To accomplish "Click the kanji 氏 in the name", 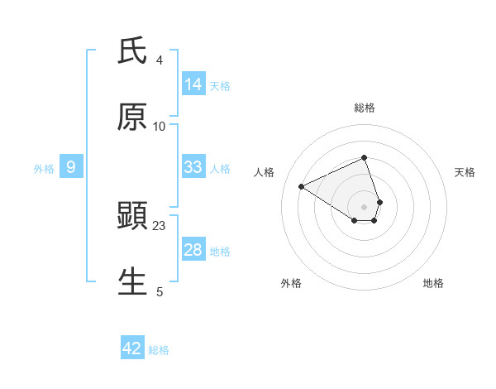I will (132, 51).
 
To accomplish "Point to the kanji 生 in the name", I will (132, 281).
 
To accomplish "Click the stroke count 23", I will (160, 226).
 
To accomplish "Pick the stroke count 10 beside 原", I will (160, 126).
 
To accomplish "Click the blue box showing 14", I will (193, 84).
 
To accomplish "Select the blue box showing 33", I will (193, 167).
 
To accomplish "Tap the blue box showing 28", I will (193, 250).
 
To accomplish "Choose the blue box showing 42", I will (132, 348).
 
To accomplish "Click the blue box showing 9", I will (71, 167).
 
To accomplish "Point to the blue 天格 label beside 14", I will (220, 85).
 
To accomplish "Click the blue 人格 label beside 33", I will (220, 168).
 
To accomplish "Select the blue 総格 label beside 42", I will (159, 349).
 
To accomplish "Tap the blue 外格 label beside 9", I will (44, 168).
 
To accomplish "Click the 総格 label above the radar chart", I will (364, 108).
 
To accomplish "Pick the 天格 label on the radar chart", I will (465, 172).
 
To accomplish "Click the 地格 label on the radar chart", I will (433, 283).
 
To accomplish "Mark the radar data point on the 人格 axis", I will (302, 187).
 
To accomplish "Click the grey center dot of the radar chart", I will (364, 206).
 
